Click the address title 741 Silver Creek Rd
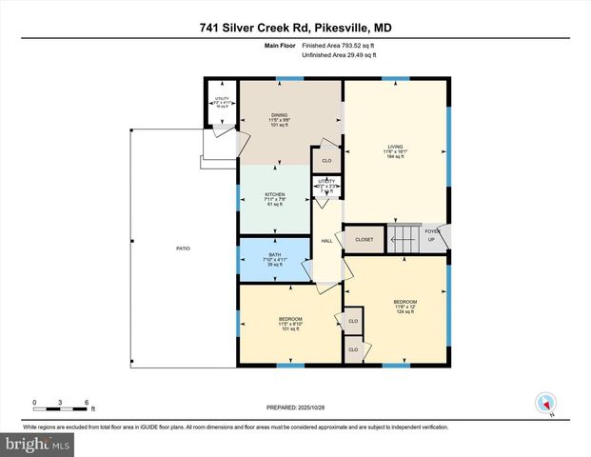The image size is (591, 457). [x=295, y=28]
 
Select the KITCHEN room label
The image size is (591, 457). [x=274, y=198]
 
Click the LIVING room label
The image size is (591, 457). [x=395, y=151]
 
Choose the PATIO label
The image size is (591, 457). [x=183, y=248]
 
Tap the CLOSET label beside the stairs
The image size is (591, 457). [x=364, y=239]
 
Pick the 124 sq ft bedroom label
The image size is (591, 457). [x=405, y=307]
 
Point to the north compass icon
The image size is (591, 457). [x=545, y=403]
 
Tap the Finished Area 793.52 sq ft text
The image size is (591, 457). [x=339, y=45]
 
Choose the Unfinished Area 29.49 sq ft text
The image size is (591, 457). [x=339, y=55]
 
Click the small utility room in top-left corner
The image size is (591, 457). [x=222, y=104]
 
